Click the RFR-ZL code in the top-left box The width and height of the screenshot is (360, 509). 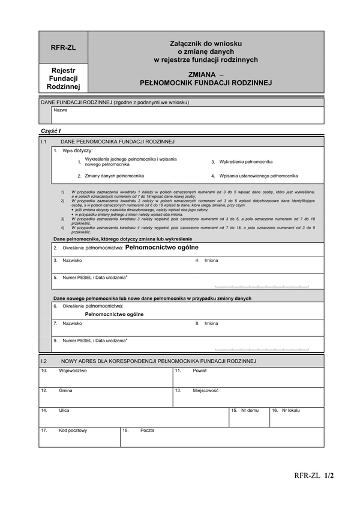[63, 47]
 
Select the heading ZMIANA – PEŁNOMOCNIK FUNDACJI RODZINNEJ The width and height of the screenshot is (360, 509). [206, 79]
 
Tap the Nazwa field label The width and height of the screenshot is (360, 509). [61, 110]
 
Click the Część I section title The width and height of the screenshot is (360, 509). [51, 131]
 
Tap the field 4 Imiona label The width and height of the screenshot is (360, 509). [211, 261]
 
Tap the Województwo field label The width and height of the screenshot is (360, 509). [73, 371]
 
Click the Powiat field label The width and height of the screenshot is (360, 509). [200, 371]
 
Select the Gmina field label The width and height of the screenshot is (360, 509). [65, 390]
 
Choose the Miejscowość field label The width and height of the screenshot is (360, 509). [205, 390]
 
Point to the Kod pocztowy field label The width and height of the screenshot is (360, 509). [73, 430]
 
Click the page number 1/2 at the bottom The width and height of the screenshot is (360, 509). [328, 476]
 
